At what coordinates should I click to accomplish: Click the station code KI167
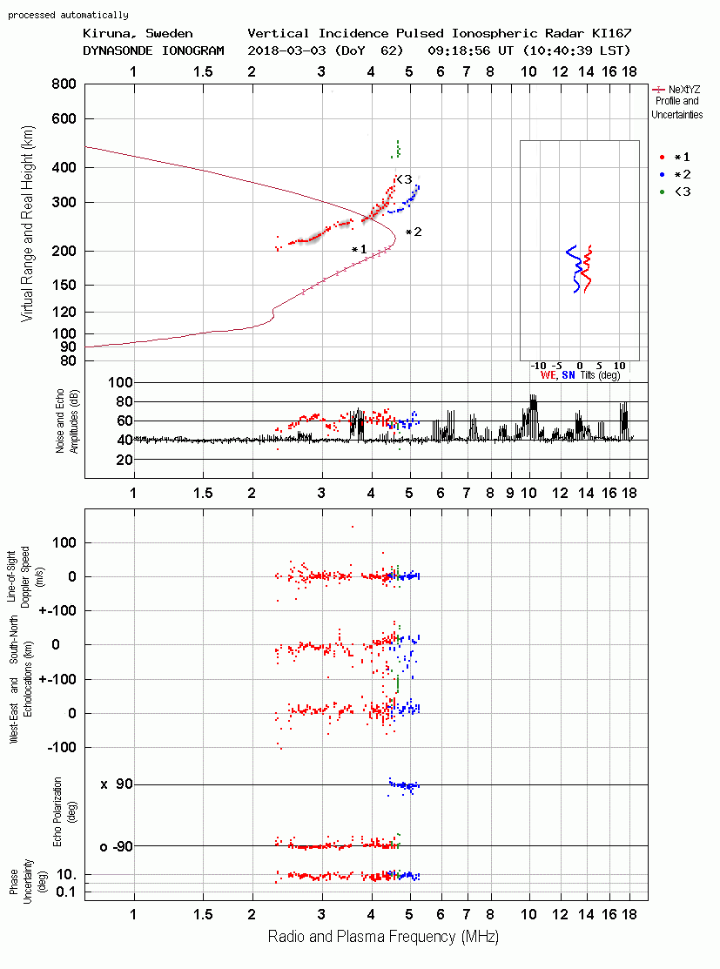pos(611,33)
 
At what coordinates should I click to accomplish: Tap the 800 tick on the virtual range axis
pos(64,84)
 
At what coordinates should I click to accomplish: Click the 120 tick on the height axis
pos(64,312)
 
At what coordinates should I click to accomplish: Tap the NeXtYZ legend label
pos(684,90)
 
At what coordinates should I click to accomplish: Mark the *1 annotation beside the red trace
pos(359,249)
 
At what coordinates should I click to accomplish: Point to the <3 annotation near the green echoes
pos(404,179)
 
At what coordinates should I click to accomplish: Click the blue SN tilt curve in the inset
pos(574,269)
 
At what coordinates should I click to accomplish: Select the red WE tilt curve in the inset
pos(587,269)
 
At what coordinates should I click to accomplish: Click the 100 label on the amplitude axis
pos(120,382)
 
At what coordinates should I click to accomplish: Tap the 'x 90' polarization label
pos(117,784)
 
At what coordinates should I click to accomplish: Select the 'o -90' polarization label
pos(117,846)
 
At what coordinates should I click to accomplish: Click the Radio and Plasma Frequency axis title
pos(383,937)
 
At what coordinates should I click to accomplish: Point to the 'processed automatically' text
pos(68,15)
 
